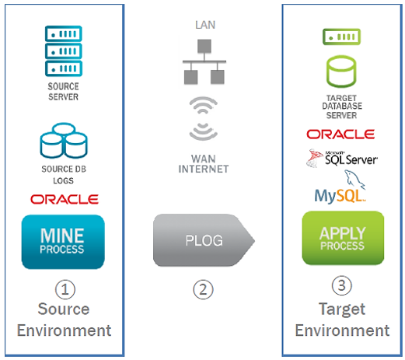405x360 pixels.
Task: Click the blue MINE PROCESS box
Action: (x=63, y=242)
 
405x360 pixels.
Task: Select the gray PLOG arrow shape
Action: (x=204, y=240)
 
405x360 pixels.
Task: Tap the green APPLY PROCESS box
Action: (x=343, y=238)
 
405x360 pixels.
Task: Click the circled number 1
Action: (x=65, y=289)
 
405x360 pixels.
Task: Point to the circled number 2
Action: (x=203, y=289)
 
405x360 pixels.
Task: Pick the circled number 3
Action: (x=342, y=285)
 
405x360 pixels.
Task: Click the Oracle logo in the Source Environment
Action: (x=65, y=199)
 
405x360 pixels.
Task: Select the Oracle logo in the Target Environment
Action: (x=340, y=135)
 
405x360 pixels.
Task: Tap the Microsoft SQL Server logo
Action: (x=341, y=158)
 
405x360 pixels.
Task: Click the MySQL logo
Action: (x=340, y=187)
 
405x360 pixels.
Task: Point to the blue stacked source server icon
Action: (x=64, y=51)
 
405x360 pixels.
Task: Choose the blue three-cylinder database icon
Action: (x=64, y=140)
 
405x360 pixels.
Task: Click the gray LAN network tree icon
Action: (x=204, y=61)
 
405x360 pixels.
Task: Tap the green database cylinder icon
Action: (x=341, y=72)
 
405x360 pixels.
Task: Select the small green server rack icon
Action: (x=341, y=37)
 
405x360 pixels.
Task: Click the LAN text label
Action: (x=205, y=25)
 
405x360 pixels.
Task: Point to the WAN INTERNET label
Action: (x=204, y=164)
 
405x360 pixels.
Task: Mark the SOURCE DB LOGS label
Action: (x=64, y=175)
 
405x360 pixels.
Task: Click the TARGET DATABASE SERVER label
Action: (x=342, y=107)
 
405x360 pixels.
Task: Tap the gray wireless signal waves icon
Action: (x=204, y=119)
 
